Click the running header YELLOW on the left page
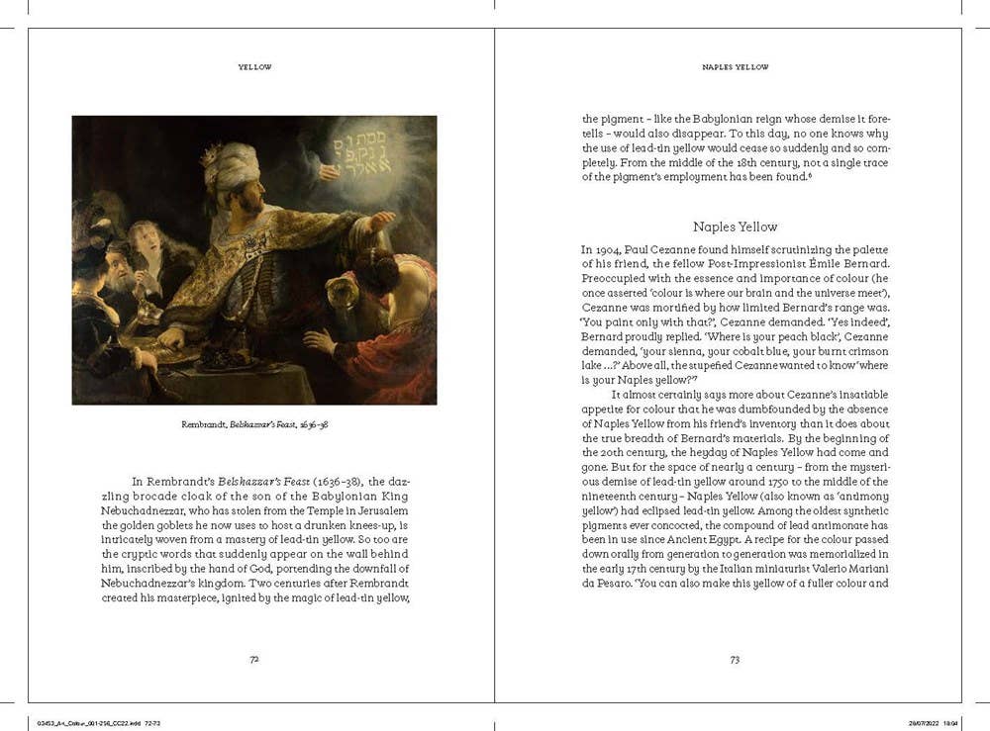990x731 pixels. (x=254, y=67)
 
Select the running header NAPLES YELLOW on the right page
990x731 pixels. (x=735, y=67)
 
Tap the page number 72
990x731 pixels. (x=254, y=659)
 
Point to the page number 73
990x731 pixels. (x=735, y=659)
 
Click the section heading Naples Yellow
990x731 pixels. (x=735, y=227)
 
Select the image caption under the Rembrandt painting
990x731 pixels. (x=254, y=424)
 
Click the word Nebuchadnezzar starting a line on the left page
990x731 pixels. (x=147, y=509)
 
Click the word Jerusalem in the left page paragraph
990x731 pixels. (x=377, y=509)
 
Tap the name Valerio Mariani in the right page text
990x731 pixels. (x=850, y=569)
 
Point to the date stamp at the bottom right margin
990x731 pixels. (x=931, y=722)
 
